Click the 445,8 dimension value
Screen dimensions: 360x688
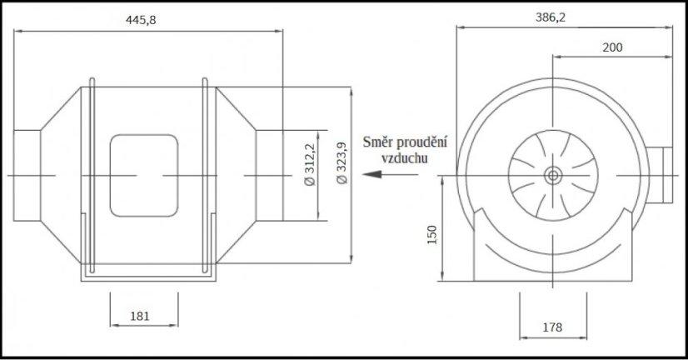click(x=140, y=20)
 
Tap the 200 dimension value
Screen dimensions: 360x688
click(x=611, y=47)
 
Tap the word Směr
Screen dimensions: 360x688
click(x=379, y=144)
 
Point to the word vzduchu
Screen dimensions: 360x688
click(x=405, y=157)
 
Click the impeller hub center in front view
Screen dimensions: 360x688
click(x=552, y=175)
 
